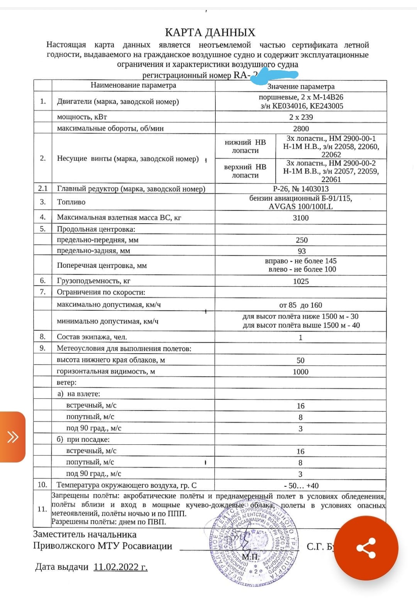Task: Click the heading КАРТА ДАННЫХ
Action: [x=210, y=32]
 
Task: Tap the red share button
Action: [x=366, y=548]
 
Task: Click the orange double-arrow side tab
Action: [x=12, y=437]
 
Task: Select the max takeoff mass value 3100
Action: [x=300, y=218]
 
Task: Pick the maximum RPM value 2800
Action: [x=301, y=128]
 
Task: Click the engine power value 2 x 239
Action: [x=301, y=117]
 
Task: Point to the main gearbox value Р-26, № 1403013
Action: [x=300, y=189]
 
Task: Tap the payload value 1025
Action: [x=300, y=281]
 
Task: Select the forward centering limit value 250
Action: [x=302, y=240]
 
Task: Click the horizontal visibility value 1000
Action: [x=300, y=372]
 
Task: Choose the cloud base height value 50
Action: [x=300, y=360]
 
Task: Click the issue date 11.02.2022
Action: [x=120, y=567]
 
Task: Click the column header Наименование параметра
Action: [x=133, y=85]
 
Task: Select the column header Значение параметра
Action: [x=301, y=86]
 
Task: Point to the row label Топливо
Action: [x=71, y=202]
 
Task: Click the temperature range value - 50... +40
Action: [x=301, y=486]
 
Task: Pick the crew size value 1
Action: [x=300, y=337]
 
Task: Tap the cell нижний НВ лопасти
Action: [x=245, y=147]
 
